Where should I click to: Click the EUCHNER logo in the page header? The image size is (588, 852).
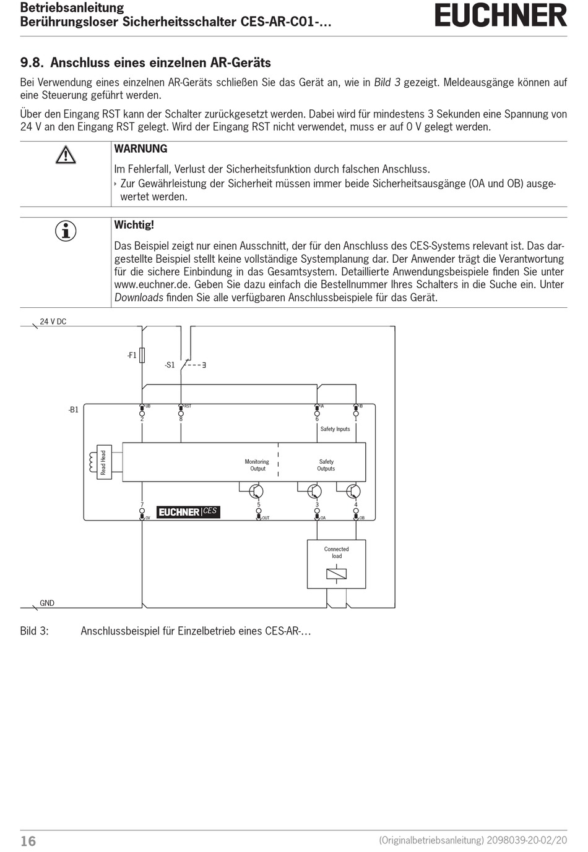500,16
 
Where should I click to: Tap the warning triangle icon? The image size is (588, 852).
66,154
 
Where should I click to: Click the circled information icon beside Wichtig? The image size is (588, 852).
66,231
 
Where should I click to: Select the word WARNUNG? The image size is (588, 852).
141,149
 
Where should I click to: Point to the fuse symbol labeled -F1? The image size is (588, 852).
143,355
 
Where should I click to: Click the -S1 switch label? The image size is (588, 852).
170,365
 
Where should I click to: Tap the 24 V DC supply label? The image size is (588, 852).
53,322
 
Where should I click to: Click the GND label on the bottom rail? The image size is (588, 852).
47,603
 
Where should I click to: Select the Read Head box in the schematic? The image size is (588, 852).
103,462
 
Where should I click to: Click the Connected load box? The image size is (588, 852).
336,564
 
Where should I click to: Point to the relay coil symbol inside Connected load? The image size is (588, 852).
336,574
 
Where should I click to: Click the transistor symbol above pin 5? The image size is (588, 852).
256,492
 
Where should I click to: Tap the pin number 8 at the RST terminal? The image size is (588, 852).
181,419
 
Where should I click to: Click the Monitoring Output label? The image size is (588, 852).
257,465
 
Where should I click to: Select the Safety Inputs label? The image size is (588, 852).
335,429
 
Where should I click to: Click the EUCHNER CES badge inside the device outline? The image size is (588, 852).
188,511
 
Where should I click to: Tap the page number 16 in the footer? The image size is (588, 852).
28,841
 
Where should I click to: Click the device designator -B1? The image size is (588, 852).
73,409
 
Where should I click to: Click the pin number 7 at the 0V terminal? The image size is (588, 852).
142,505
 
